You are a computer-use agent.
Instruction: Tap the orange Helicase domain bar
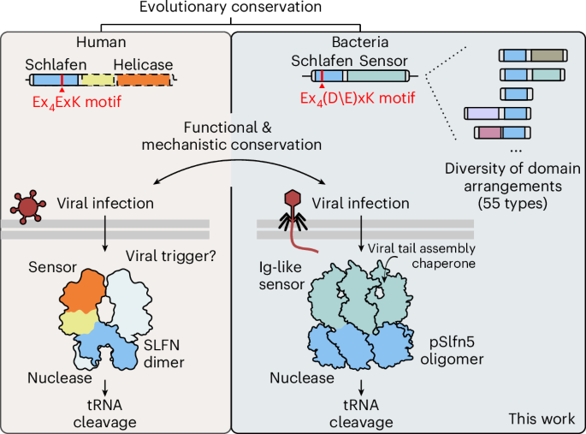coord(144,80)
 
